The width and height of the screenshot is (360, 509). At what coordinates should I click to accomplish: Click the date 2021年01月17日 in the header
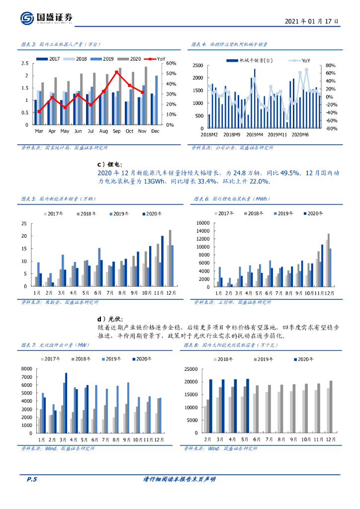312,22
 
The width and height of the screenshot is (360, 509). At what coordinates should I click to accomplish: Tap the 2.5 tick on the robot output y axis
25,64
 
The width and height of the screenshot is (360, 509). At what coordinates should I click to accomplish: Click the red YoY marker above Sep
116,72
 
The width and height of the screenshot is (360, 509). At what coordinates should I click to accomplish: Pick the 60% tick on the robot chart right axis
171,64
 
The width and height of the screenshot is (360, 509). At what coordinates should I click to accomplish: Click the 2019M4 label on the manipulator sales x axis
255,135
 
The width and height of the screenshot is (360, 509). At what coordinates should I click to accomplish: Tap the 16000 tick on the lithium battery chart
204,223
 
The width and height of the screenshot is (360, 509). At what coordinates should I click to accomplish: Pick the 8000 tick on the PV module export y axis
26,369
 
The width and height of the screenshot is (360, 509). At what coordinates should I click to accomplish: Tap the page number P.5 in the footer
32,480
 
